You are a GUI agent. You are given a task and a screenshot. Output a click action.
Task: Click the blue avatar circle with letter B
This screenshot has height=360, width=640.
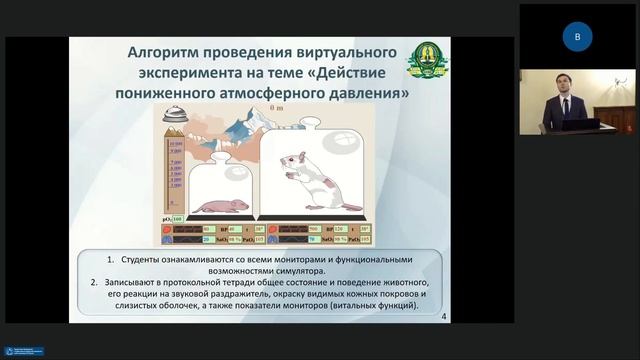click(577, 37)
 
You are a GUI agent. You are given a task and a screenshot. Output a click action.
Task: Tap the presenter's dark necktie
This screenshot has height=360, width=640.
click(565, 107)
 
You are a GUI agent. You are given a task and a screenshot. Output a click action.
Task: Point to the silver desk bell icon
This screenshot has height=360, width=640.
click(174, 116)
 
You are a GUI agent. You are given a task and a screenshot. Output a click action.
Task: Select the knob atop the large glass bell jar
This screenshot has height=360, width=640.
click(310, 123)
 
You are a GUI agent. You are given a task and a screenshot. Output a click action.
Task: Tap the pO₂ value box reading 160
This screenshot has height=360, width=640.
click(177, 217)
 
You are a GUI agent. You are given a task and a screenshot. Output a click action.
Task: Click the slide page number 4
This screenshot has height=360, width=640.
click(443, 317)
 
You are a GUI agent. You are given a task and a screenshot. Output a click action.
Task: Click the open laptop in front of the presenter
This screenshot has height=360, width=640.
click(579, 124)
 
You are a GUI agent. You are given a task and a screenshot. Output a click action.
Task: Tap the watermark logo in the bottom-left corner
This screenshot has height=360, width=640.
click(23, 352)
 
